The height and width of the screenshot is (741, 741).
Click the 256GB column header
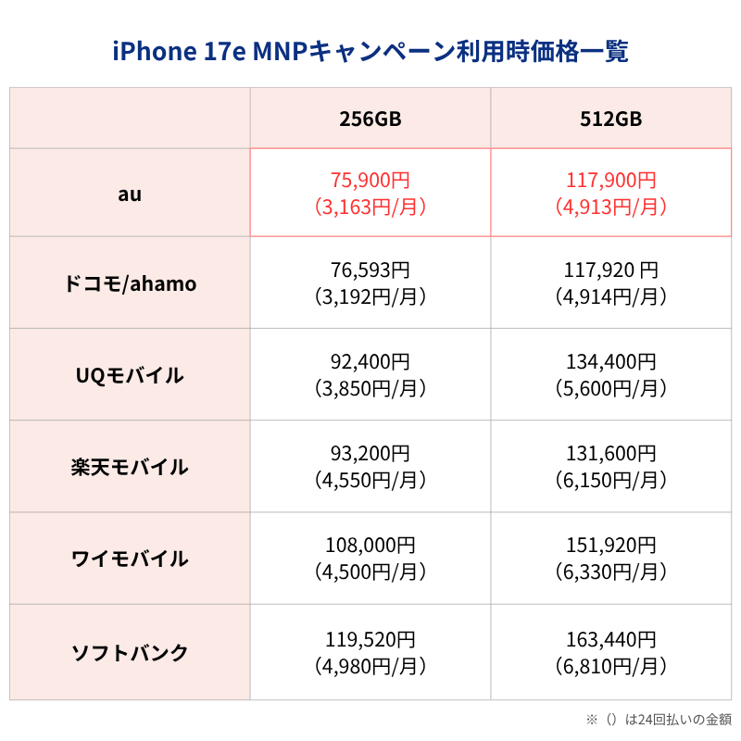click(370, 119)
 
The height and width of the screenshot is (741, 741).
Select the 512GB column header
click(610, 119)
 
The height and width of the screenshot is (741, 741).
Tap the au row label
click(130, 194)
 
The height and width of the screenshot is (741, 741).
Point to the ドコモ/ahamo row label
click(130, 283)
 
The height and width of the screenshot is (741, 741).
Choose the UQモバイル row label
click(130, 375)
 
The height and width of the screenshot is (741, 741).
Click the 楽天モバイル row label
click(130, 467)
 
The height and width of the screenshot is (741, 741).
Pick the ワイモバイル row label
click(130, 559)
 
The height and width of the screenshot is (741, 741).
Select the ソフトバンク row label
click(130, 652)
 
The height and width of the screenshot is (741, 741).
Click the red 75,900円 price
click(370, 181)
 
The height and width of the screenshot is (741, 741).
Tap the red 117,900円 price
click(610, 181)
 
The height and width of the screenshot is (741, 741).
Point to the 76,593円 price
click(370, 270)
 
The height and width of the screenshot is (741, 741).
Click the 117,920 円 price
click(610, 270)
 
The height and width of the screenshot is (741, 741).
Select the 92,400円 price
click(370, 362)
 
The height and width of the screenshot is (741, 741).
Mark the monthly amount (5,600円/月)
click(610, 388)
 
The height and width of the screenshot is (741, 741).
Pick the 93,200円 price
click(370, 454)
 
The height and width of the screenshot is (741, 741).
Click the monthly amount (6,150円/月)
click(610, 480)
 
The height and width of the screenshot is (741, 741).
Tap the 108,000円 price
click(370, 546)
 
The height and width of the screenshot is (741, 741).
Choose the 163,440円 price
click(610, 639)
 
